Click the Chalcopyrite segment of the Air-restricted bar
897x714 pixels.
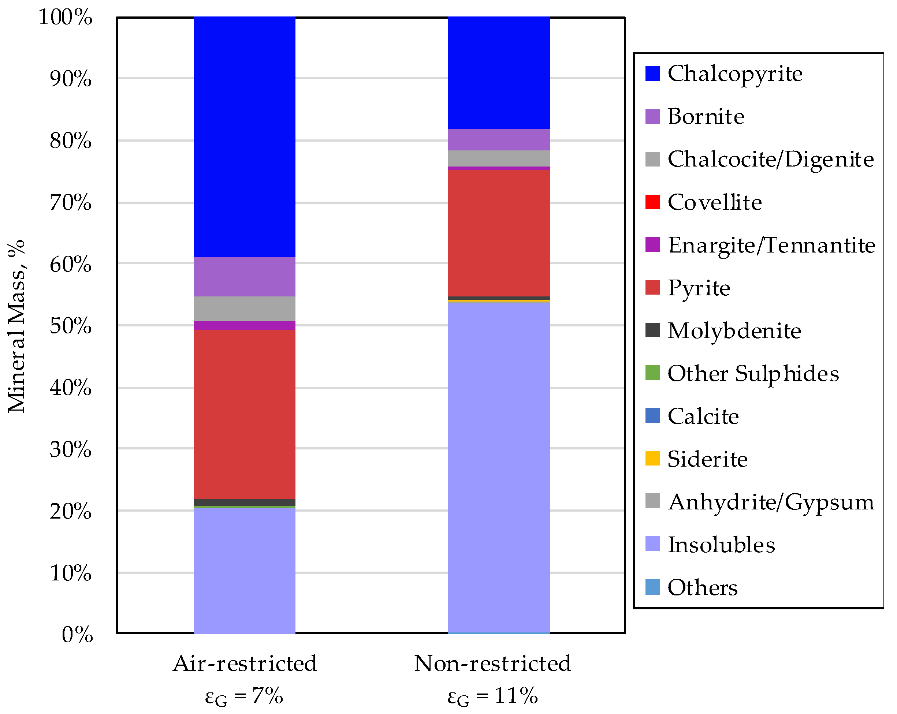coord(245,137)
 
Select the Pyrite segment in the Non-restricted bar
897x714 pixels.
coord(499,233)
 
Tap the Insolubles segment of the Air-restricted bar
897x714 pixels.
coord(245,570)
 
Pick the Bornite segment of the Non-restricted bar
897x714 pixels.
coord(499,140)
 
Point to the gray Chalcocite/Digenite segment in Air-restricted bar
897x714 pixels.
coord(245,309)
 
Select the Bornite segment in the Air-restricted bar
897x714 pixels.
coord(245,277)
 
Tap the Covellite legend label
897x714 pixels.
coord(714,202)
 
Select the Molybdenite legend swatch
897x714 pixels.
coord(652,330)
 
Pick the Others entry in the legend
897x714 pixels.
coord(702,588)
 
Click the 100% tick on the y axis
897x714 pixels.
coord(65,18)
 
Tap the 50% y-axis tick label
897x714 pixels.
coord(70,326)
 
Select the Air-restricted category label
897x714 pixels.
coord(245,663)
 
